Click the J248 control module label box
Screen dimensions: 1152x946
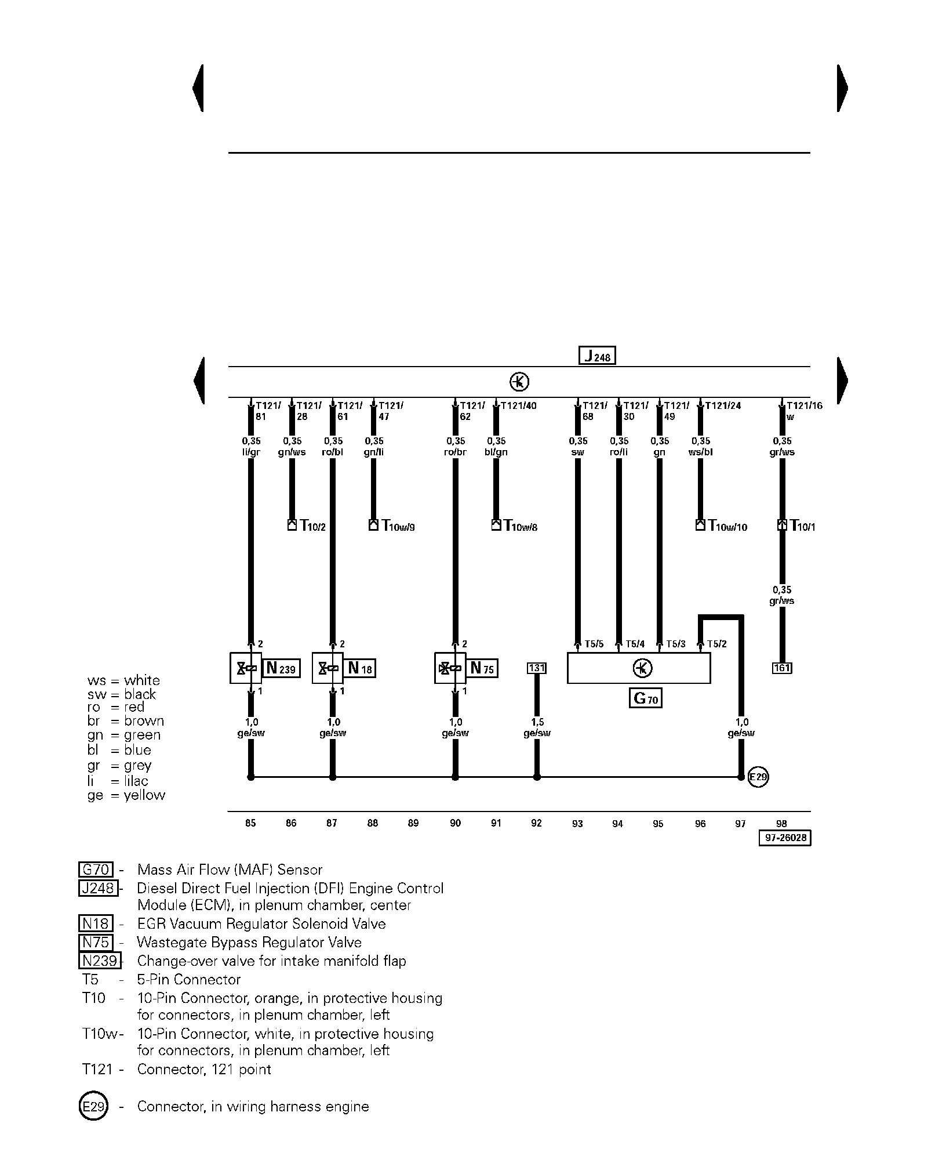tap(597, 356)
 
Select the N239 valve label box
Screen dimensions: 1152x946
tap(281, 668)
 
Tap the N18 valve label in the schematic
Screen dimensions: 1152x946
tap(360, 668)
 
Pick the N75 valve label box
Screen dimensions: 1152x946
tap(483, 668)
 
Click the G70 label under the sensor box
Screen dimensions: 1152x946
tap(645, 698)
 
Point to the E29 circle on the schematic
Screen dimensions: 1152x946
tap(758, 777)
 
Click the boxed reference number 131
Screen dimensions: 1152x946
tap(537, 668)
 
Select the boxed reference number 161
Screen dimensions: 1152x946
tap(782, 668)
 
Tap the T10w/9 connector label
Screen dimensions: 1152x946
tap(398, 526)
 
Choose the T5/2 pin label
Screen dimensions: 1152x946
tap(716, 644)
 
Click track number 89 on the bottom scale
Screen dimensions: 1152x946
tap(413, 823)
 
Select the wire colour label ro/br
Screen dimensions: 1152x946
tap(455, 452)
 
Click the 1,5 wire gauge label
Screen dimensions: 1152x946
tap(537, 722)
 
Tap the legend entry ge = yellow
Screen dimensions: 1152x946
tap(126, 795)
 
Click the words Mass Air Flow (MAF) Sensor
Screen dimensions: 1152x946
tap(230, 870)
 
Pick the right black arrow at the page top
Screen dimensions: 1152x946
tap(842, 88)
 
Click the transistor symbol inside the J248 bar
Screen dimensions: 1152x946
tap(519, 382)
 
